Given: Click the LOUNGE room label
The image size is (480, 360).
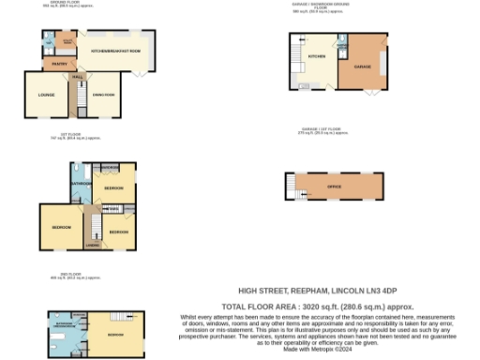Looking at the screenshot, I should (x=46, y=95).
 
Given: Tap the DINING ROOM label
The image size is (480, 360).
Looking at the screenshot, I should (x=103, y=95).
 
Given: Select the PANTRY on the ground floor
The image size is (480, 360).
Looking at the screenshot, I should (x=57, y=65).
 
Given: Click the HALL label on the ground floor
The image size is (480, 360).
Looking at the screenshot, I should (x=79, y=77).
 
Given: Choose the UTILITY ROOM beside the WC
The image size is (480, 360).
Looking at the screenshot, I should (x=67, y=42).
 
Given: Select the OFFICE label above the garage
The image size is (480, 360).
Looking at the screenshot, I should (x=334, y=187).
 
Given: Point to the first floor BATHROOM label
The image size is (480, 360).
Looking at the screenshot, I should (x=80, y=184).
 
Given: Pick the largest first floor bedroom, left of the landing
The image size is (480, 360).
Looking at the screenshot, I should (x=61, y=228).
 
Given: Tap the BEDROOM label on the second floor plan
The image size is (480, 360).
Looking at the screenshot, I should (x=115, y=335).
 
